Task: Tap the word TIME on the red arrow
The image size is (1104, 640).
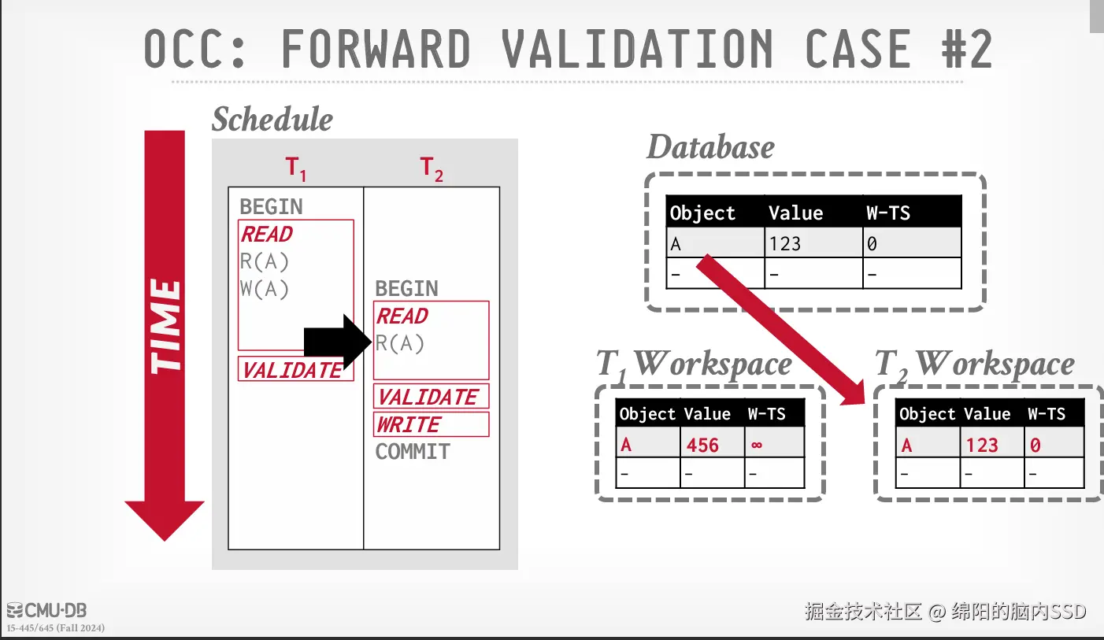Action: (165, 326)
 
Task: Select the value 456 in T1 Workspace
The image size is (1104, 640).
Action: (702, 446)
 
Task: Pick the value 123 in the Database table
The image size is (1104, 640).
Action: (785, 243)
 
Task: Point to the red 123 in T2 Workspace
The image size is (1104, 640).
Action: (982, 446)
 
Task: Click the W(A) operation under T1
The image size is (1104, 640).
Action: (265, 289)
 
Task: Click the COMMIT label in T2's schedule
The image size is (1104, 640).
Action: (413, 452)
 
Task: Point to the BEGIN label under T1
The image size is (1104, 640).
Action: (271, 207)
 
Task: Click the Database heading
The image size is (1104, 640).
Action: (710, 147)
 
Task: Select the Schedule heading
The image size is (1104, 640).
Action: (272, 120)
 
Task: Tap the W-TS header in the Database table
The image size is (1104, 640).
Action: (888, 213)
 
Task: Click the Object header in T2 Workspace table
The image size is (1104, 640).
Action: (927, 414)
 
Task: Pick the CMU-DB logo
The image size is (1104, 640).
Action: (46, 610)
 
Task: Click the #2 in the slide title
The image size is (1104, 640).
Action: (965, 49)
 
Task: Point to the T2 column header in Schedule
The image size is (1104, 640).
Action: (432, 168)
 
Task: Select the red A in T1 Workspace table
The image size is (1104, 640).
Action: (626, 446)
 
